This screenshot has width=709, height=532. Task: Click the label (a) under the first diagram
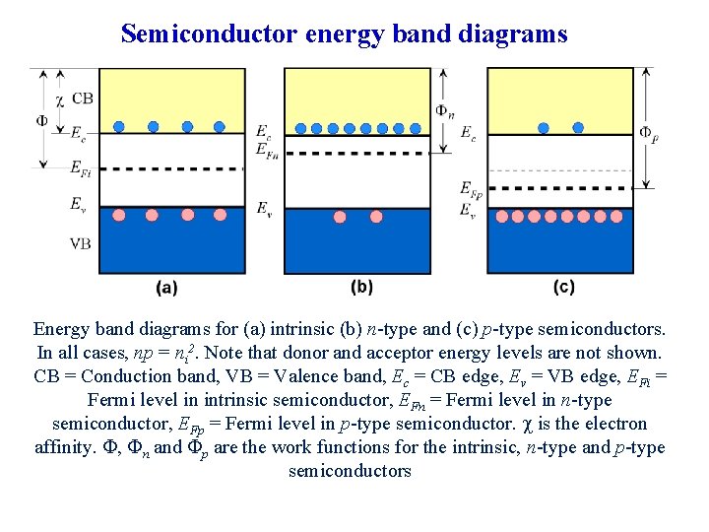coord(166,288)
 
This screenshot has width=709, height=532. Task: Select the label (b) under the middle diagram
coord(361,287)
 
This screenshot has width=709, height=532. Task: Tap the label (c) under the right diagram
coord(563,288)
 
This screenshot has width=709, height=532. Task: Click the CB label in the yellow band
coord(83,99)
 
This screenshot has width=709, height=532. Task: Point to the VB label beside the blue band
coord(82,243)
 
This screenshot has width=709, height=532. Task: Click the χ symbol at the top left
coord(60,99)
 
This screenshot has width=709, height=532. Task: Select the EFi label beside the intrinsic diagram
coord(81,168)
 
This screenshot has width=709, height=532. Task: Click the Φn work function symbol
coord(445,110)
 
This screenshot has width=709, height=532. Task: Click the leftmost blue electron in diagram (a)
coord(118,126)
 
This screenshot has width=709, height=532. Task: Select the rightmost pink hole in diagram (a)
coord(220,215)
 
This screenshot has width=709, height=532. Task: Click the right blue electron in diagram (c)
coord(578,127)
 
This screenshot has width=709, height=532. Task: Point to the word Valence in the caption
coord(277,375)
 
